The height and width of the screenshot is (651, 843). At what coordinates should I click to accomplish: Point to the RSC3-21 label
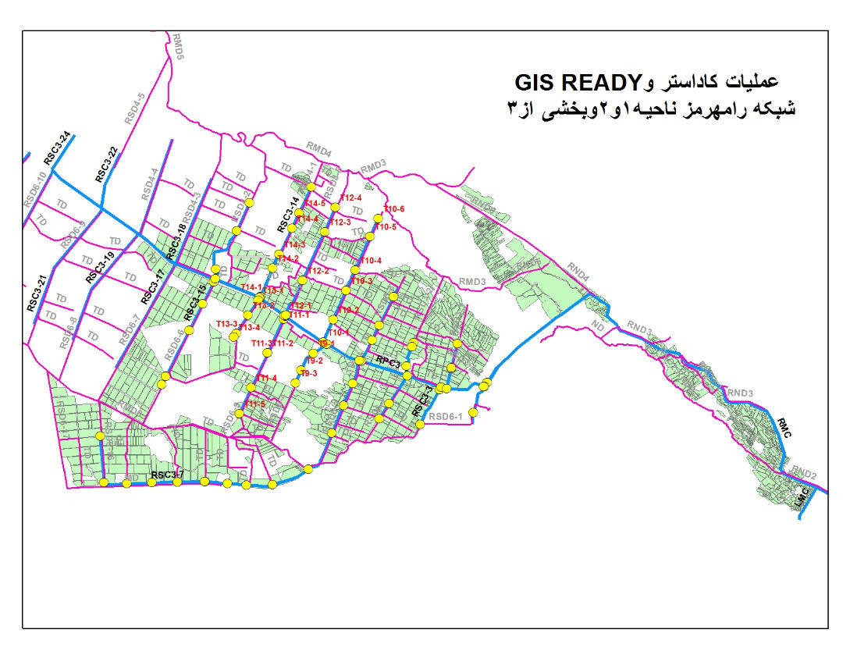[37, 294]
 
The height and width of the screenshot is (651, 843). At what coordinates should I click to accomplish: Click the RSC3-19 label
[100, 267]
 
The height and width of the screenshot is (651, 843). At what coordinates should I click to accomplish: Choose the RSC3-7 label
[167, 475]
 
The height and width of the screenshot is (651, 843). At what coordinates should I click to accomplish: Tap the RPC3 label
[388, 363]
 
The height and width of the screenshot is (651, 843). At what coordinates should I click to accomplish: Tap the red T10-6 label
[395, 209]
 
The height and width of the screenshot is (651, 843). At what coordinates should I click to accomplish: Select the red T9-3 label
[309, 374]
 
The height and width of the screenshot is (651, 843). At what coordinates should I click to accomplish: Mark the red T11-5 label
[255, 404]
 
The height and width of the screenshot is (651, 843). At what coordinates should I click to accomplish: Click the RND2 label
[803, 473]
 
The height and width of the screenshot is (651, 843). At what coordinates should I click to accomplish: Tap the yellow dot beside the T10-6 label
[379, 218]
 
